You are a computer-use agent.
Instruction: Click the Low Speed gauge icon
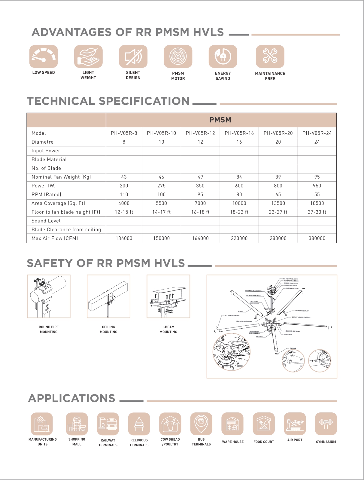(44, 56)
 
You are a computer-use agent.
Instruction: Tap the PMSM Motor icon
(178, 56)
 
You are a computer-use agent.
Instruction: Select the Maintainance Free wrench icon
(270, 56)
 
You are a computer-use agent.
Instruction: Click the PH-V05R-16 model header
(239, 133)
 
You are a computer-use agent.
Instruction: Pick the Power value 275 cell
(161, 186)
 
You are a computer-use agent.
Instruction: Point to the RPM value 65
(278, 194)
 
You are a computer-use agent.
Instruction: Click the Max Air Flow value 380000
(317, 238)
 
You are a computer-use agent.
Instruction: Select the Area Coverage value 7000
(200, 203)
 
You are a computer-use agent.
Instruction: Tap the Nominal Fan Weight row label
(61, 177)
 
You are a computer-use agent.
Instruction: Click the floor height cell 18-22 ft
(239, 212)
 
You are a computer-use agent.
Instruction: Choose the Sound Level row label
(46, 221)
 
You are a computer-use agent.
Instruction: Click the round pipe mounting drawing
(49, 296)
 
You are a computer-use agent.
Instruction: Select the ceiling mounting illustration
(108, 296)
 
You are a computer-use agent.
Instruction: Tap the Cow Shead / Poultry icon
(170, 424)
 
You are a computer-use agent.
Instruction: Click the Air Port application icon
(295, 424)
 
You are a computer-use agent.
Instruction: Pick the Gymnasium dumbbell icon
(326, 424)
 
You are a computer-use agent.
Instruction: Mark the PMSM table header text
(220, 120)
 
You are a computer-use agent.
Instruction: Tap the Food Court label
(264, 442)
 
